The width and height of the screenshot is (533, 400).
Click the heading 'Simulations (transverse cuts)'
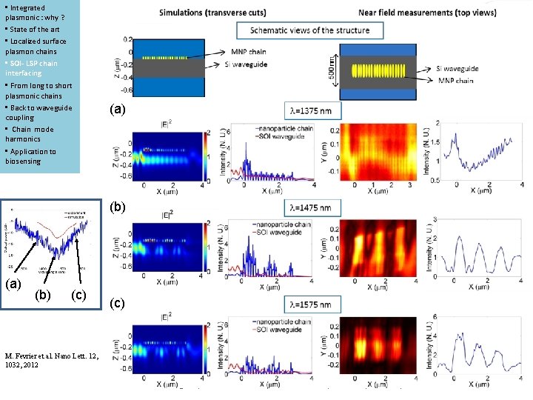point(222,13)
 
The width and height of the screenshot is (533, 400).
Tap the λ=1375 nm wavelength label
point(313,110)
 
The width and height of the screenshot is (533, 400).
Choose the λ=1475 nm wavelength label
point(313,208)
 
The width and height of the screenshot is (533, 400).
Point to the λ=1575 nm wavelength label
point(313,304)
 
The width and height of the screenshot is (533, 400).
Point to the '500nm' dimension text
point(331,71)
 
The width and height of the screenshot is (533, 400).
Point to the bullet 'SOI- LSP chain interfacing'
point(33,68)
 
